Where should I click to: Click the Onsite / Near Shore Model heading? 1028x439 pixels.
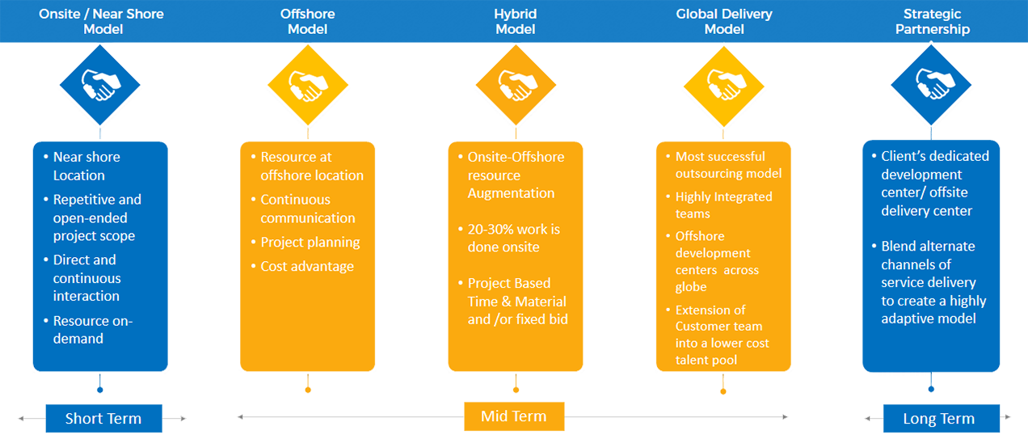pos(101,22)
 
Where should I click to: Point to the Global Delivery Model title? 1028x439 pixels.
pos(724,22)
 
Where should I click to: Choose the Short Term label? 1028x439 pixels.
pos(103,419)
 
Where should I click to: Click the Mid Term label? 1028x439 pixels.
pos(513,416)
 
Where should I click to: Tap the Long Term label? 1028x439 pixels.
pos(938,419)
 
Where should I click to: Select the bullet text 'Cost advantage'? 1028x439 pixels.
pos(306,266)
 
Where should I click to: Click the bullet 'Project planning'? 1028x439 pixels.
pos(310,242)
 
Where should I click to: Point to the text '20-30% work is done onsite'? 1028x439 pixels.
pos(513,238)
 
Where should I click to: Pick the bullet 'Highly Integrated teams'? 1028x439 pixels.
pos(723,205)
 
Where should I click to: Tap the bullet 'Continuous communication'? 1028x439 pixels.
pos(307,209)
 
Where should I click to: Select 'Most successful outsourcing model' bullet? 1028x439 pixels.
pos(728,164)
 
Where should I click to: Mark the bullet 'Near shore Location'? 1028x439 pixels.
pos(86,166)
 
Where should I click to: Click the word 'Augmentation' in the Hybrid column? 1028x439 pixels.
pos(511,193)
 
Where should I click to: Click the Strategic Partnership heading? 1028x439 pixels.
pos(937,22)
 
